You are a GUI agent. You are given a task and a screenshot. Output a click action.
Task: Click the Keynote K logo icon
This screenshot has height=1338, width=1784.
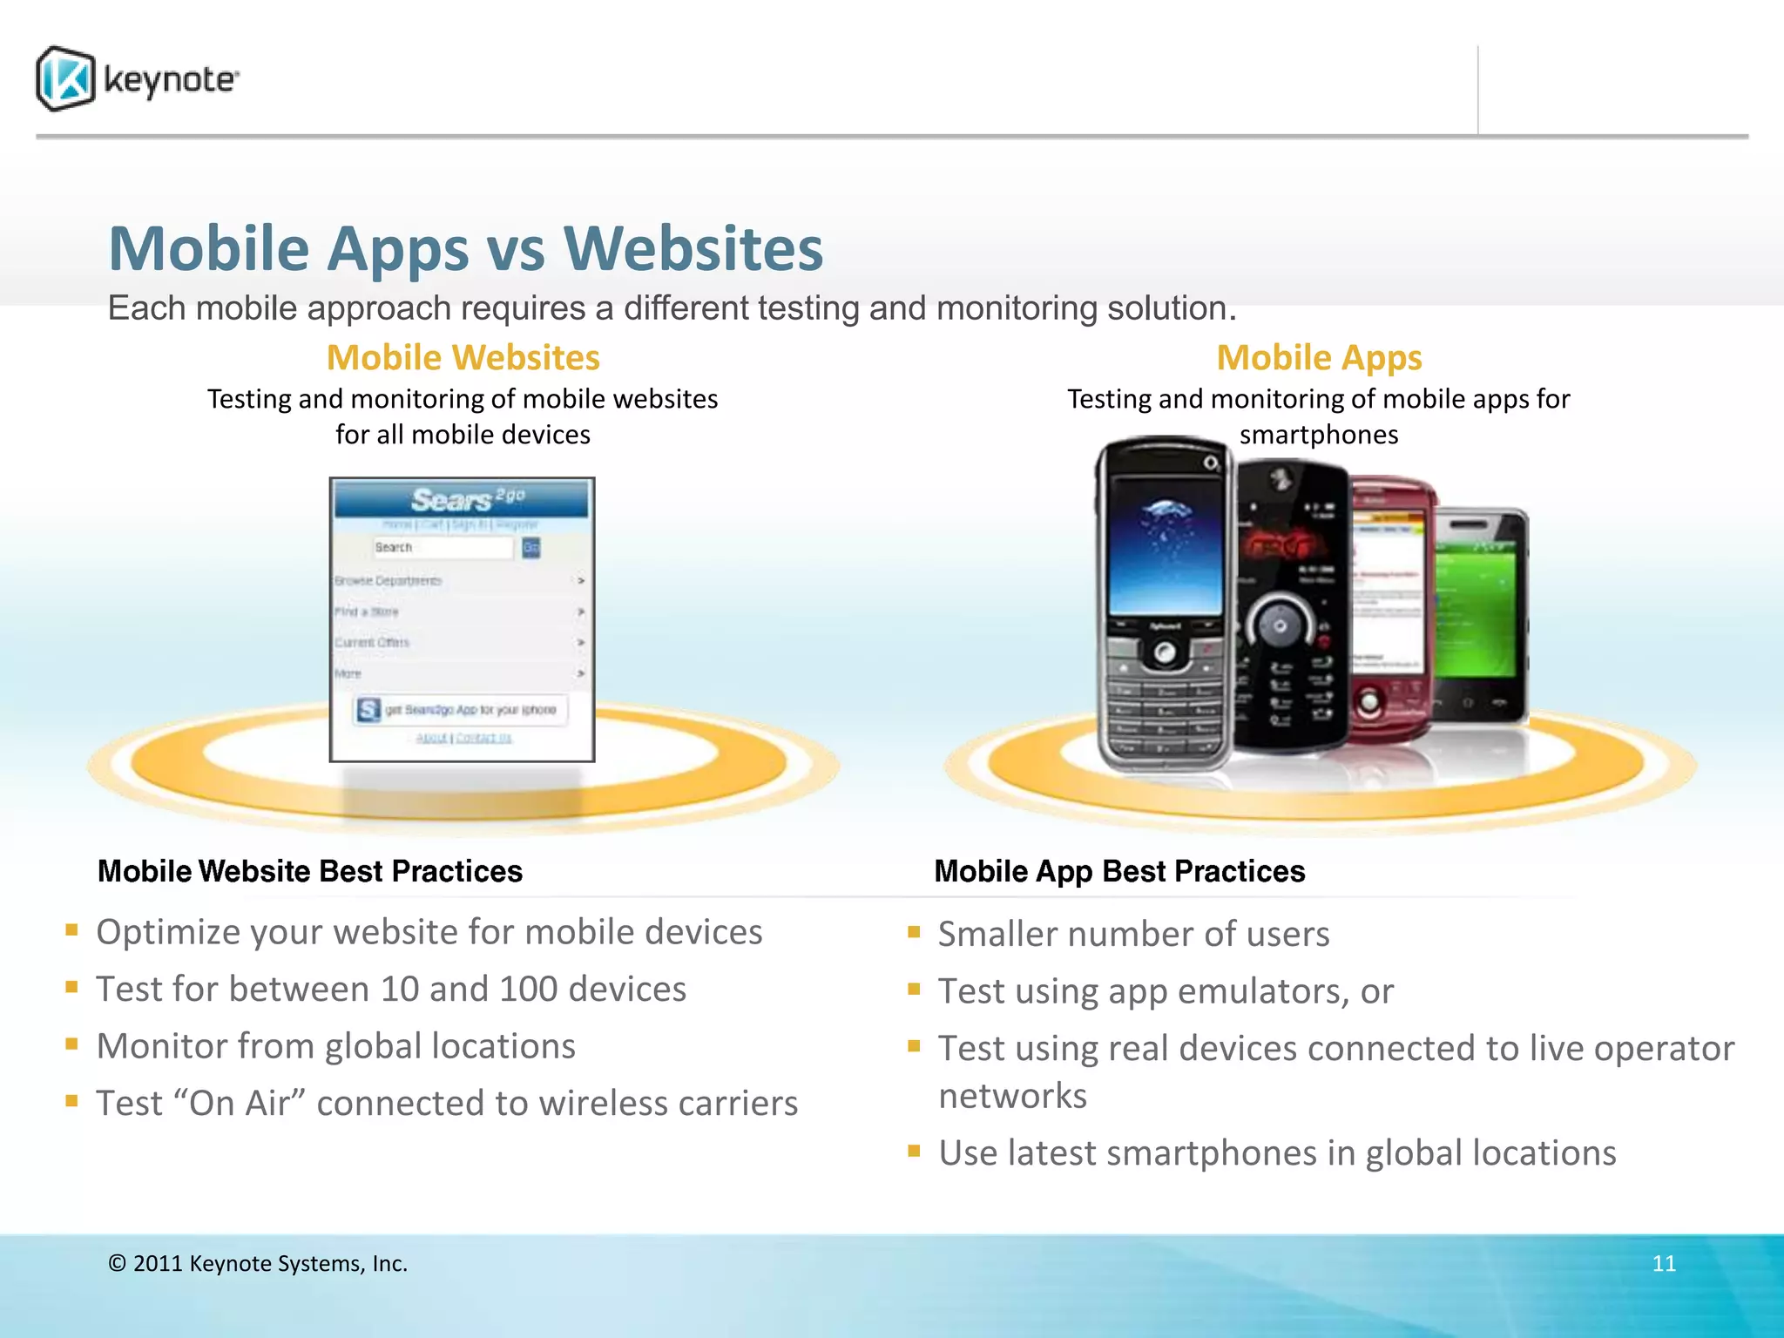(65, 79)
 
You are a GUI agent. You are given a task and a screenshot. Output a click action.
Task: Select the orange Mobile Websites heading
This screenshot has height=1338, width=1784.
(463, 358)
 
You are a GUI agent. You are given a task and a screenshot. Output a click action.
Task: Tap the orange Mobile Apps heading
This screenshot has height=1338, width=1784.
(1318, 358)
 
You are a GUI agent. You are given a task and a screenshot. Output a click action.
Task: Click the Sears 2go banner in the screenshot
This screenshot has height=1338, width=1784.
(462, 500)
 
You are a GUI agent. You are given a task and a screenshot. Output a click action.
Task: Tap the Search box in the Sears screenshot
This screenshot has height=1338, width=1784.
(443, 548)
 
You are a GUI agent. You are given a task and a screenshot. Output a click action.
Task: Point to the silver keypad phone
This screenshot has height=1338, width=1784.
(1163, 610)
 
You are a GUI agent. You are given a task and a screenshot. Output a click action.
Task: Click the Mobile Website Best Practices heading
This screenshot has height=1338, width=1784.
(310, 871)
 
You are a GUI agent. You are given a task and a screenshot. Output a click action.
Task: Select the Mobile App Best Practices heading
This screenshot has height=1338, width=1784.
(1119, 871)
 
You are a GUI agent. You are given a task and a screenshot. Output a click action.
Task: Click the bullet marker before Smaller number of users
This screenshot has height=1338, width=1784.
(914, 932)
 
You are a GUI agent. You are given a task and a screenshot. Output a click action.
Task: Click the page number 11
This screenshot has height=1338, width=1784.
(1664, 1264)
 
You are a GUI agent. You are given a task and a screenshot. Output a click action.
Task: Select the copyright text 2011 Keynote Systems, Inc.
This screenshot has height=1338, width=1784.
(258, 1264)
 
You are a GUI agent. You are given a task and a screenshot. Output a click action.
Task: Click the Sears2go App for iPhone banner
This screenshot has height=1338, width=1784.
(461, 710)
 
